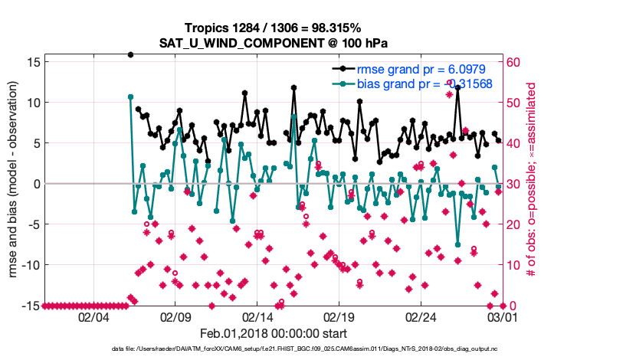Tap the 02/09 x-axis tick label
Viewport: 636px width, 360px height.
[x=175, y=316]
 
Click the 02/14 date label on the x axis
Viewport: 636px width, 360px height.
[x=257, y=316]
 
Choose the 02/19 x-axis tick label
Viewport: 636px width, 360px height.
[x=339, y=316]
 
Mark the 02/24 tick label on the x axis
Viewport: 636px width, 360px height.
[x=421, y=316]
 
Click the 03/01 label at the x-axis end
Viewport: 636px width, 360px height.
[x=502, y=316]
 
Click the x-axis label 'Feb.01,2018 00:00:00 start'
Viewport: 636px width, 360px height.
[x=274, y=333]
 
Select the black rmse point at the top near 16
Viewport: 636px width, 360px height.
[x=131, y=55]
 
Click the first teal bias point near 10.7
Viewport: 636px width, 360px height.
[x=131, y=97]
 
